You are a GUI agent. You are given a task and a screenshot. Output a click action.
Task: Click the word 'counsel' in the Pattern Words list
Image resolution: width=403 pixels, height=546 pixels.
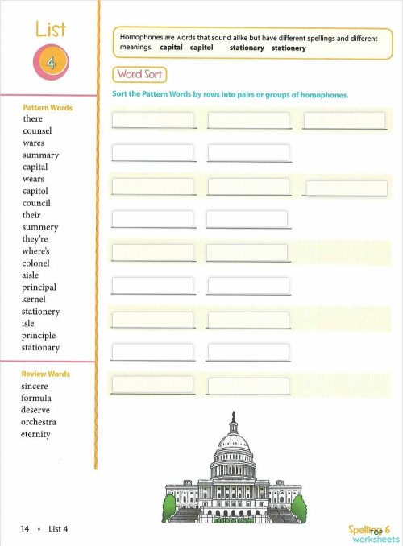(x=37, y=130)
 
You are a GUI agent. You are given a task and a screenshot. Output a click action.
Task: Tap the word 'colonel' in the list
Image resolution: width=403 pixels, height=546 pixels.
(x=36, y=263)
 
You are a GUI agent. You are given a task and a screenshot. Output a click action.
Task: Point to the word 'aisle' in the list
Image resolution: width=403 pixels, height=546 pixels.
(x=31, y=275)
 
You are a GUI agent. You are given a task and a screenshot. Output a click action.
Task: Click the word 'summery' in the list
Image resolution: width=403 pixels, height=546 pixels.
(x=40, y=227)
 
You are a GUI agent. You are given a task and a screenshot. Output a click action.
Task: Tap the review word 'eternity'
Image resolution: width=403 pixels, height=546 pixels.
(x=36, y=434)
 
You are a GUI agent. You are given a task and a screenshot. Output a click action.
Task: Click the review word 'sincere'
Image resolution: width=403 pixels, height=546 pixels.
(x=35, y=386)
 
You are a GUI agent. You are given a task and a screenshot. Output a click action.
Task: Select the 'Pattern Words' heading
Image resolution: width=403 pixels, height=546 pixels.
(x=48, y=107)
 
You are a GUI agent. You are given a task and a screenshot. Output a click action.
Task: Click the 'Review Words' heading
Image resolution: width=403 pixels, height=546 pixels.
(x=46, y=374)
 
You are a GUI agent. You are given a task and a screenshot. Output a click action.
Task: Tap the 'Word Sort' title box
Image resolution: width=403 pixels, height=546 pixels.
(x=140, y=75)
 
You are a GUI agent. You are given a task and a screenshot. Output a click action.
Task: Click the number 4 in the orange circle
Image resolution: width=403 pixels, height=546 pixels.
(x=51, y=64)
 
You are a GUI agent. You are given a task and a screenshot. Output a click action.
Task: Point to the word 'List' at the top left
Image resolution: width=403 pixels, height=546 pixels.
(x=50, y=30)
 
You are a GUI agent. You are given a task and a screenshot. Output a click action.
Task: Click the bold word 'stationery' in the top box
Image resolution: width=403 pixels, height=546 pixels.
(x=289, y=48)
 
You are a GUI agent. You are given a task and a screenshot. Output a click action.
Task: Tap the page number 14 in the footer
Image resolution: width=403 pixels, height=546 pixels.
(x=25, y=528)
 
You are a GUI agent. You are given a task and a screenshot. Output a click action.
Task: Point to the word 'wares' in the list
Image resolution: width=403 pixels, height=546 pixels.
(x=34, y=143)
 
